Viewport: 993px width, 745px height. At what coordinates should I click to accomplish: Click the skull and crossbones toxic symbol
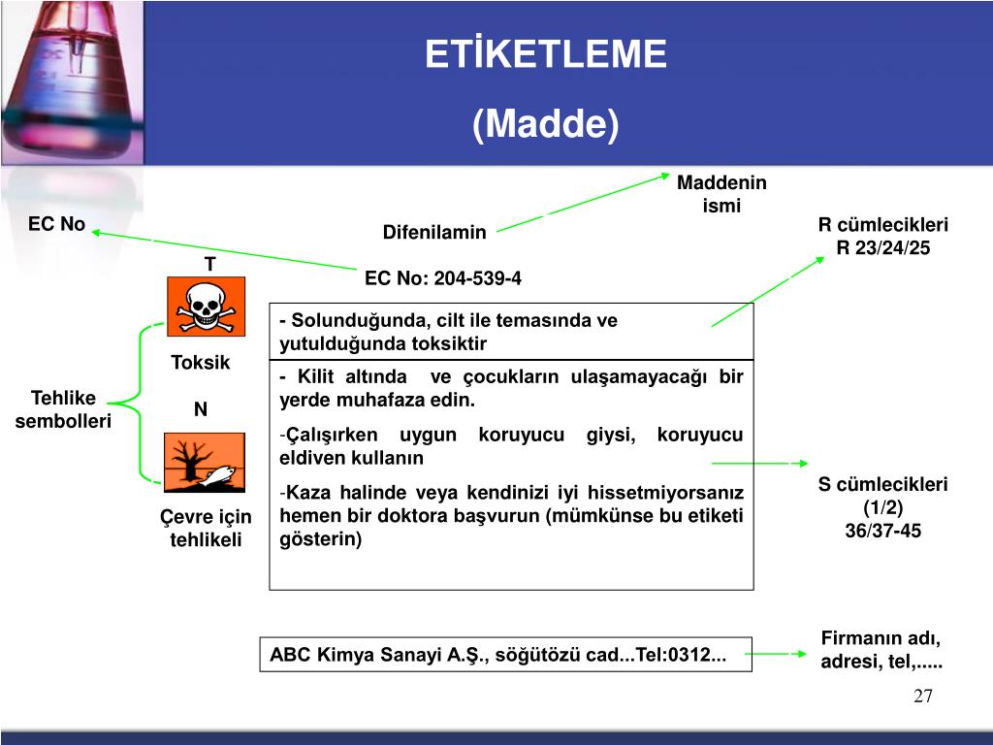(x=206, y=306)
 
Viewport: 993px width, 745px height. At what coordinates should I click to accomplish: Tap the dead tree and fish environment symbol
(x=206, y=464)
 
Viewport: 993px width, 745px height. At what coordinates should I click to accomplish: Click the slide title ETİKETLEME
(x=546, y=54)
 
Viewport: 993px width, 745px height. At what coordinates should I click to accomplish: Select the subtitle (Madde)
(x=546, y=124)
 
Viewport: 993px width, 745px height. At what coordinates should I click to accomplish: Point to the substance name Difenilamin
(x=434, y=232)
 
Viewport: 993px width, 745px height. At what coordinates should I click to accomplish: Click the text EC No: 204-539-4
(x=443, y=278)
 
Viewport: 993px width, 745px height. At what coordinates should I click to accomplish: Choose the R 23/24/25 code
(x=883, y=247)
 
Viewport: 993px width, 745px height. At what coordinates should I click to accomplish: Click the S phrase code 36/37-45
(x=883, y=531)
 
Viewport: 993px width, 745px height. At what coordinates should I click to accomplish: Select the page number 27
(x=922, y=696)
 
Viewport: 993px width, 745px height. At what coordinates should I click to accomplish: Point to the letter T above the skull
(x=209, y=264)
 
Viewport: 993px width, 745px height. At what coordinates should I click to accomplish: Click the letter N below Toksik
(x=201, y=409)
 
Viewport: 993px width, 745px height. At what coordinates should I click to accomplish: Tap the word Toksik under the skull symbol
(x=201, y=363)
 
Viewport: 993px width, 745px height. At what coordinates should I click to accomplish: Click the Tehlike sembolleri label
(x=63, y=409)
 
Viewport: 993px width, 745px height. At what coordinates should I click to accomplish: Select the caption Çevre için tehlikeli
(x=206, y=529)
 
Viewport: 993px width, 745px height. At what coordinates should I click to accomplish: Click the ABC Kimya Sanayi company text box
(x=497, y=655)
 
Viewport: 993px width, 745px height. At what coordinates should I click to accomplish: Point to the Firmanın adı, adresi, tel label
(x=881, y=651)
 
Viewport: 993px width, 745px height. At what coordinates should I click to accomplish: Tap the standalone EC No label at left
(x=56, y=225)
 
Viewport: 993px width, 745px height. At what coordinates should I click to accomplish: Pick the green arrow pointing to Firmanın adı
(x=778, y=655)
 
